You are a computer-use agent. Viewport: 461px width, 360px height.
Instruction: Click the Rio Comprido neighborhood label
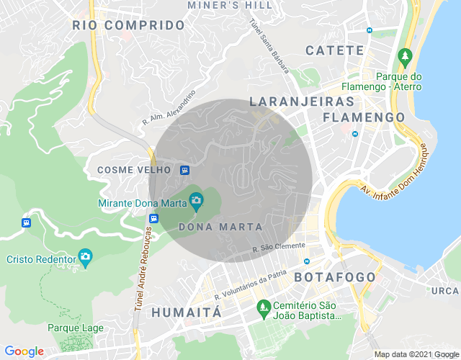[x=129, y=25]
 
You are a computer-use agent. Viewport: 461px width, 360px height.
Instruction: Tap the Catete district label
[x=335, y=50]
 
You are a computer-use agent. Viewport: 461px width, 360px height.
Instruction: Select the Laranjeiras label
[x=302, y=102]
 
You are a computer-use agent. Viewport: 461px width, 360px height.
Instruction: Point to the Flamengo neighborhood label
[x=364, y=117]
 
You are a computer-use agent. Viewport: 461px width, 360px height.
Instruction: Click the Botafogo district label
[x=335, y=277]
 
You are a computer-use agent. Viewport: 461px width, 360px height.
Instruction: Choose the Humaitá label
[x=186, y=312]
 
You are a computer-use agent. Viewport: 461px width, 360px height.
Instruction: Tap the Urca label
[x=446, y=291]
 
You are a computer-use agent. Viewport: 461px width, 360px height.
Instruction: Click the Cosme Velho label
[x=134, y=170]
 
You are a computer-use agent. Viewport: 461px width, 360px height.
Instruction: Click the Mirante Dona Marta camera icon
[x=196, y=199]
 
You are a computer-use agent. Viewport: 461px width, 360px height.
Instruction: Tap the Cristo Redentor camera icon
[x=86, y=256]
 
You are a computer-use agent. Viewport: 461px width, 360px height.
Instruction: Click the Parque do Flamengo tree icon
[x=405, y=55]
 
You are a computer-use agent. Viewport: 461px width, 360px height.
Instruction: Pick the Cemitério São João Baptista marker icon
[x=264, y=308]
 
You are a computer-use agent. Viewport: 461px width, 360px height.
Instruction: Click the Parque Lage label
[x=76, y=328]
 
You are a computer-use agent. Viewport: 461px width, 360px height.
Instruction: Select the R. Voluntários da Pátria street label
[x=250, y=285]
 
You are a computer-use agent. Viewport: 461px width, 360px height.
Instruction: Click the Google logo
[x=24, y=351]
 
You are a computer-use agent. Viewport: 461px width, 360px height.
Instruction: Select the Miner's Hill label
[x=230, y=4]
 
